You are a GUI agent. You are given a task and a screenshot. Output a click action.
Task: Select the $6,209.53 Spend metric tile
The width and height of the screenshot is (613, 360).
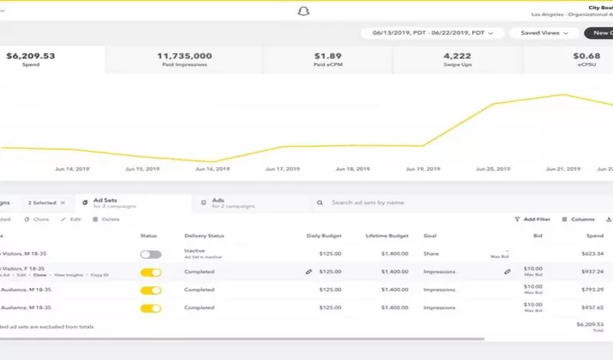pos(31,59)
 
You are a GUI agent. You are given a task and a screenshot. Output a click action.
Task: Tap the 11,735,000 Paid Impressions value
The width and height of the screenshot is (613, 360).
pos(184,56)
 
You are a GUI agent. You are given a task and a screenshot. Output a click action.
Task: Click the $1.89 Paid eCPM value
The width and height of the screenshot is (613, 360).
pos(327,56)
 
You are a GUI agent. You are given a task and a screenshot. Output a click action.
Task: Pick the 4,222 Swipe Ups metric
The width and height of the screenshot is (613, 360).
pos(457,56)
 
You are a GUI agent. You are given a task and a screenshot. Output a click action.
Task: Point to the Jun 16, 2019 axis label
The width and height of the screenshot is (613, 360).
pos(212,169)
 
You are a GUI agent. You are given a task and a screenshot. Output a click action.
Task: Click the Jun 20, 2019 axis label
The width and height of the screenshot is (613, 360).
pos(493,169)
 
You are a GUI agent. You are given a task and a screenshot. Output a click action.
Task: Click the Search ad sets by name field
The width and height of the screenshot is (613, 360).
pos(367,203)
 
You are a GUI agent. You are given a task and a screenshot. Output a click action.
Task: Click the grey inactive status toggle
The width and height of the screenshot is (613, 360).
pos(151,254)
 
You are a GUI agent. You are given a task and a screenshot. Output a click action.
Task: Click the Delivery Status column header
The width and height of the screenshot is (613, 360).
pos(204,236)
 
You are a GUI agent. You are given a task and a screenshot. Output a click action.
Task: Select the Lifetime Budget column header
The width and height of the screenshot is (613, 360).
pos(388,236)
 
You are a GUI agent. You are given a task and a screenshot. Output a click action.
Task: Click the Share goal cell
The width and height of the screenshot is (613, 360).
pos(431,254)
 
